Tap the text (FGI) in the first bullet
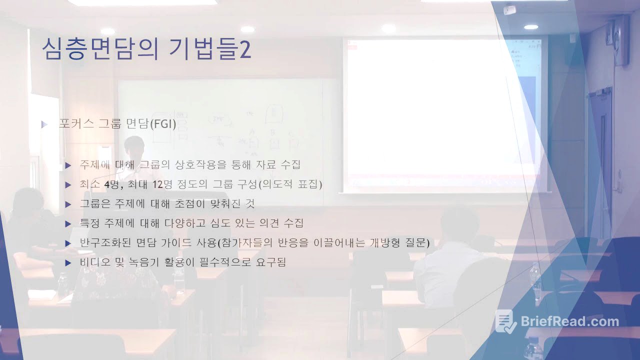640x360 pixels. (x=163, y=124)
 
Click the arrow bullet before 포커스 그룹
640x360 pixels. (x=44, y=124)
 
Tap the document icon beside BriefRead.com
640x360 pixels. (x=505, y=321)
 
